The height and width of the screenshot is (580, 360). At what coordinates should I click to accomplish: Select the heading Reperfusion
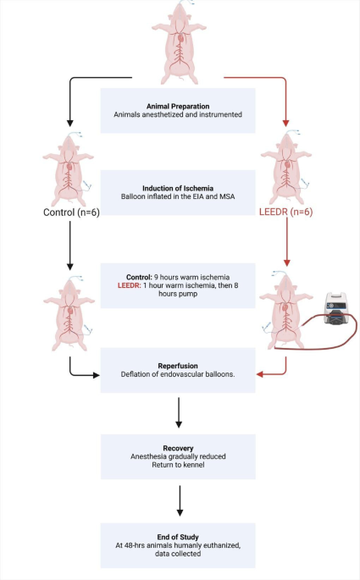click(178, 363)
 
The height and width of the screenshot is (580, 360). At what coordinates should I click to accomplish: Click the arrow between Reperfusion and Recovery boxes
click(179, 412)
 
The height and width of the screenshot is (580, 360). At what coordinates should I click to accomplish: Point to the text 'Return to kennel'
click(178, 464)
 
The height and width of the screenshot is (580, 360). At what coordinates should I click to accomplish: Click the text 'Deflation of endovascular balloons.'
click(178, 374)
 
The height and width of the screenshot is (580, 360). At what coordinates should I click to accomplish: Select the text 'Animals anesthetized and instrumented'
click(178, 113)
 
